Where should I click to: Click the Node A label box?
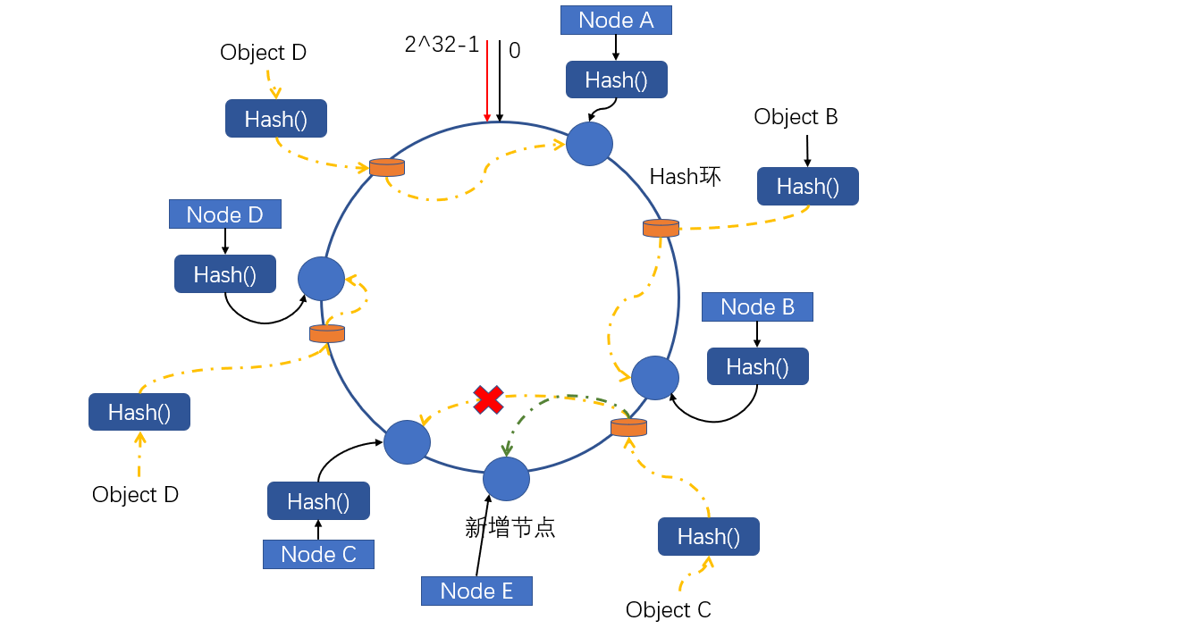click(x=616, y=20)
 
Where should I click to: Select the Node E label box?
click(x=476, y=591)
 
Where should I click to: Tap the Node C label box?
click(x=318, y=554)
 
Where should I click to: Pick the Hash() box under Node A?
click(x=616, y=80)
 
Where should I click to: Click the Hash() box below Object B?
click(x=807, y=186)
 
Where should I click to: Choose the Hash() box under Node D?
click(x=224, y=273)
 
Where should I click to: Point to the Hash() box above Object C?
click(x=708, y=536)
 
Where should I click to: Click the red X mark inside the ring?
click(x=488, y=399)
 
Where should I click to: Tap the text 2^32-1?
click(x=442, y=46)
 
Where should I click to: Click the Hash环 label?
click(x=685, y=177)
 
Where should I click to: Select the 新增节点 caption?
click(x=510, y=527)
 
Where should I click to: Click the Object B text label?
click(x=796, y=117)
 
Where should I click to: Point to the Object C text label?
click(x=668, y=609)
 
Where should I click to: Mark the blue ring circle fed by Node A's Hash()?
click(x=589, y=143)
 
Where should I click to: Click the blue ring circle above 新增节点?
click(x=506, y=479)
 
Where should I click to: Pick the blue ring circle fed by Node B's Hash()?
click(x=655, y=378)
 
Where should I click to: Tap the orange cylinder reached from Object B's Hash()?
click(x=661, y=228)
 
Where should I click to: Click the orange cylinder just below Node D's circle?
click(x=327, y=333)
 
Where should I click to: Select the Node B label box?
click(x=757, y=306)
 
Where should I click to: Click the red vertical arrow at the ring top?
click(x=487, y=80)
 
